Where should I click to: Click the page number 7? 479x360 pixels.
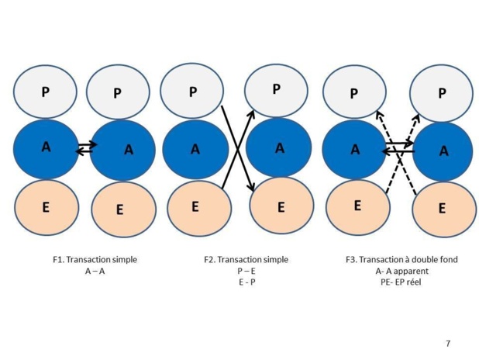click(x=448, y=343)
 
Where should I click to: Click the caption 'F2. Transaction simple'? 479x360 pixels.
click(x=246, y=259)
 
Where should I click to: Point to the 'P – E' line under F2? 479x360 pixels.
click(x=246, y=271)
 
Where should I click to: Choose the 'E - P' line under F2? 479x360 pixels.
click(x=246, y=282)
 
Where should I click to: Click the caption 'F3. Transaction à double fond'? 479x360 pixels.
click(x=402, y=259)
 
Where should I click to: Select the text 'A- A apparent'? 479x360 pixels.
click(x=401, y=271)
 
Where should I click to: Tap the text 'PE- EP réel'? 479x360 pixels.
click(x=401, y=282)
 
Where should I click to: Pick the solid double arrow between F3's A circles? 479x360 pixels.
click(x=399, y=146)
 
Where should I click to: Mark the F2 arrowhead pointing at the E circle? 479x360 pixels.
click(x=252, y=187)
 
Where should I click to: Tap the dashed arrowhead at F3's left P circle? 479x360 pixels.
click(x=377, y=114)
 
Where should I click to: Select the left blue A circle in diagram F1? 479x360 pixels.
click(x=46, y=147)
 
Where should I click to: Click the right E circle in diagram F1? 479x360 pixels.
click(x=119, y=209)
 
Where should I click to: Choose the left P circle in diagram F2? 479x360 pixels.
click(x=193, y=92)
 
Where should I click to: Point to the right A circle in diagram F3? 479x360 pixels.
click(x=443, y=151)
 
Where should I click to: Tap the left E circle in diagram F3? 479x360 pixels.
click(x=357, y=206)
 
